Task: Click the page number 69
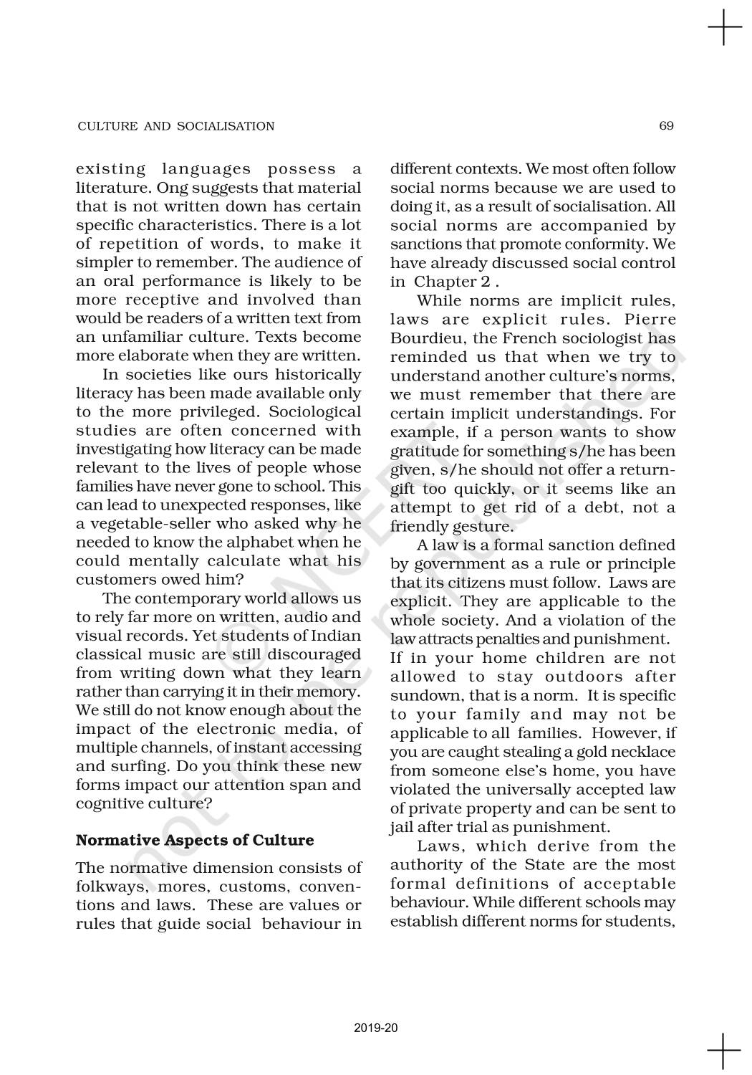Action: (666, 126)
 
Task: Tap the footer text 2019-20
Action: (375, 1028)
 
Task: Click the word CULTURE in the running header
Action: (107, 126)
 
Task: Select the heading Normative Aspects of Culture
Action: (195, 840)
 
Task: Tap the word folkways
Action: (107, 887)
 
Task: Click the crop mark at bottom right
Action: (724, 1050)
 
